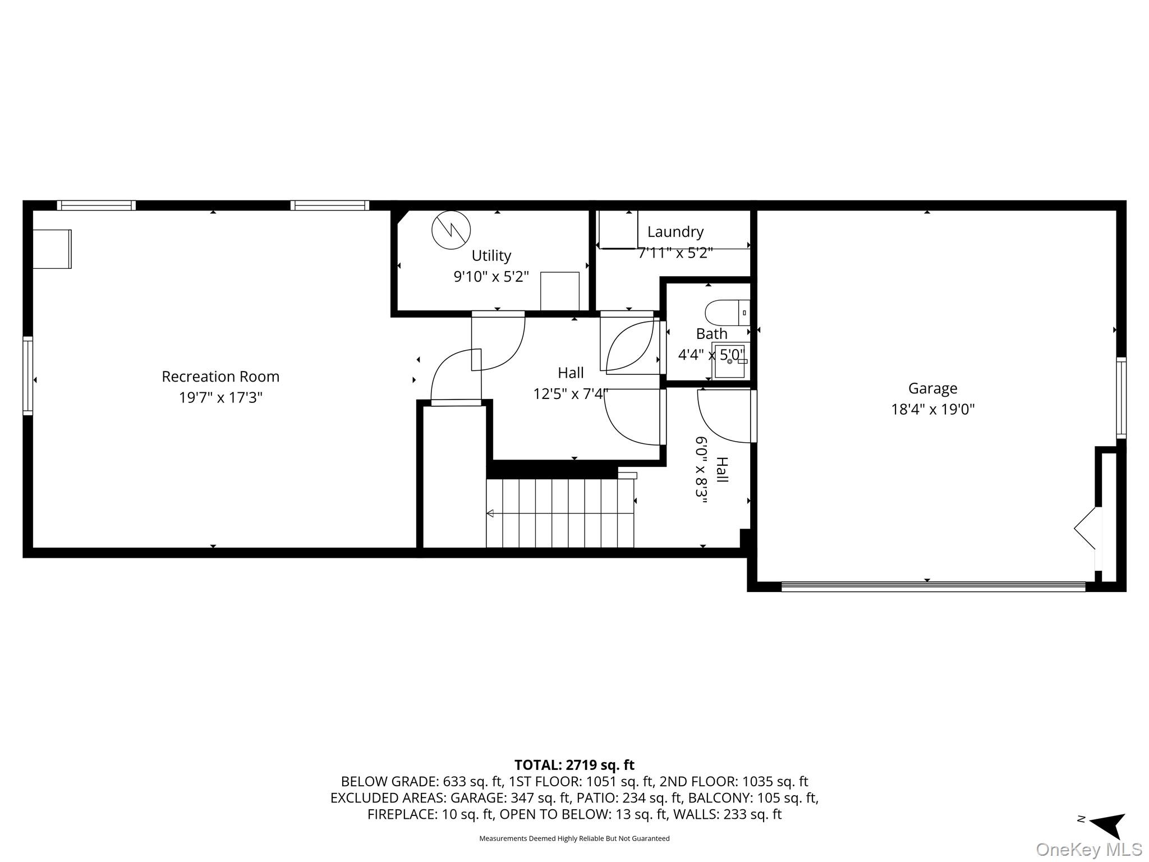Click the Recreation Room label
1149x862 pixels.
click(220, 377)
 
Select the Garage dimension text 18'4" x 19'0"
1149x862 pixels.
click(932, 410)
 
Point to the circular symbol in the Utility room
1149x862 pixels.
click(451, 230)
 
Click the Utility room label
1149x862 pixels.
click(491, 256)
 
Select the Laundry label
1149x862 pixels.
click(675, 232)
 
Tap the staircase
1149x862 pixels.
click(560, 513)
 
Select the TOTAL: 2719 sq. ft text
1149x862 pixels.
click(574, 765)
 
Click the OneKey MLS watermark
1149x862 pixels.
click(1088, 850)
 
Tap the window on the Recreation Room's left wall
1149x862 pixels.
click(27, 375)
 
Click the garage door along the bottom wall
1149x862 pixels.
click(933, 587)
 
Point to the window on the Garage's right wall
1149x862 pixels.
click(1120, 398)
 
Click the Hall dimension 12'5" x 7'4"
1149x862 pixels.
click(571, 395)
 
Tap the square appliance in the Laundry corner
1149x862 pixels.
click(618, 230)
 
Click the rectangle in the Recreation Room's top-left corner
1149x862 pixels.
click(52, 249)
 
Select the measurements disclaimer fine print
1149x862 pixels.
click(574, 838)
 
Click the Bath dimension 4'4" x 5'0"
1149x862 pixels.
click(711, 355)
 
